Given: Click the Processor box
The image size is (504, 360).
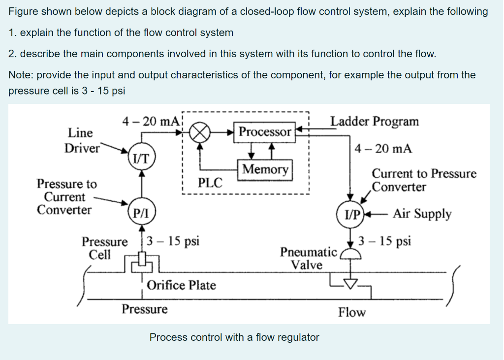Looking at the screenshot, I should (265, 132).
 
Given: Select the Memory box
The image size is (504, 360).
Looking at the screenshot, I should (265, 169).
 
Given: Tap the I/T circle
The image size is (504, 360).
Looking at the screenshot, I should (142, 158).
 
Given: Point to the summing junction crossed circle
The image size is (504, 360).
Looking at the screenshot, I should (201, 132).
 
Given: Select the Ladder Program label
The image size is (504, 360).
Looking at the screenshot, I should (375, 121).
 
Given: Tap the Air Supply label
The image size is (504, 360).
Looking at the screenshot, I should (422, 214).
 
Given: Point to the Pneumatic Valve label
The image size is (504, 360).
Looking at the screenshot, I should (308, 259).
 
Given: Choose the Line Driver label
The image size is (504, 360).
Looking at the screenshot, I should (80, 140).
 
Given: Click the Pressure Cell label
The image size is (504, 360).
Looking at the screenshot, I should (104, 248).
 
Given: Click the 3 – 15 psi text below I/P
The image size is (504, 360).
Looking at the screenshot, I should (384, 241).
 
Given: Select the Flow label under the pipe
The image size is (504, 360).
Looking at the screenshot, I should (352, 312).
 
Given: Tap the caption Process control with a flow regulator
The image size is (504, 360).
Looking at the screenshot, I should (234, 337).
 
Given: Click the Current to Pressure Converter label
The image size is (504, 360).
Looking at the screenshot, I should (424, 180).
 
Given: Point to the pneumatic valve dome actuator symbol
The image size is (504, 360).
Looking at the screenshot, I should (350, 253).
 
